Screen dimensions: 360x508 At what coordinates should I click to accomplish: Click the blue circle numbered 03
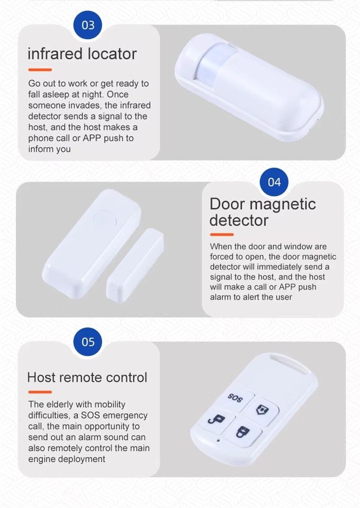coord(88,25)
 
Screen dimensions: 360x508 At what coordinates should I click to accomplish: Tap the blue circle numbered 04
coord(274,182)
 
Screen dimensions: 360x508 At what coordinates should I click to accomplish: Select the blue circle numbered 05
coord(88,342)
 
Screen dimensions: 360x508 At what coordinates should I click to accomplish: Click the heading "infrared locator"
coord(82,54)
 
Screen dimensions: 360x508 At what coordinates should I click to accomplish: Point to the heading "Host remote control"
coord(87,378)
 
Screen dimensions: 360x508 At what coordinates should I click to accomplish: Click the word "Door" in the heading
coord(227,204)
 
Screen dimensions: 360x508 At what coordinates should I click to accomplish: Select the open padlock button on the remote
coord(217,420)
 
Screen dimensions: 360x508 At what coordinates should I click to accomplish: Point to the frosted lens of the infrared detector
coord(214,61)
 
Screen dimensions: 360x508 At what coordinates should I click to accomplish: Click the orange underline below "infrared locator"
coord(40,70)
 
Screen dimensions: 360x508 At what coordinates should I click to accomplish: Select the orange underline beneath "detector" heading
coord(222,234)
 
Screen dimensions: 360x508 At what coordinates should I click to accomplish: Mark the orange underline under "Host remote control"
coord(40,392)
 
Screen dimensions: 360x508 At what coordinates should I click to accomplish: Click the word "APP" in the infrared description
coord(92,138)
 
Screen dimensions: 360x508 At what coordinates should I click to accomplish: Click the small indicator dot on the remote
coord(218,440)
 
